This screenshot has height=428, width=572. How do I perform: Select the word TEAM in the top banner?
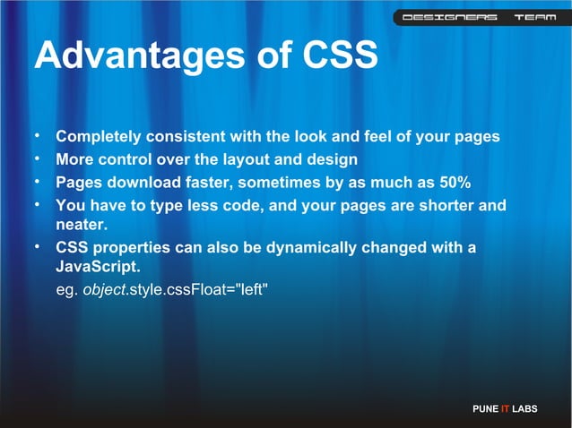[534, 17]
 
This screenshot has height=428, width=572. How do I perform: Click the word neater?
[82, 225]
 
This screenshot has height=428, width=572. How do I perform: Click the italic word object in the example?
[105, 290]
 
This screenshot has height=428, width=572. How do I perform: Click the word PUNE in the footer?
[484, 409]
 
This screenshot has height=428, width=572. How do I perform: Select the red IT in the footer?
[506, 409]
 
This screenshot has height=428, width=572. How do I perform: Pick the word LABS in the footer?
[525, 409]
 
